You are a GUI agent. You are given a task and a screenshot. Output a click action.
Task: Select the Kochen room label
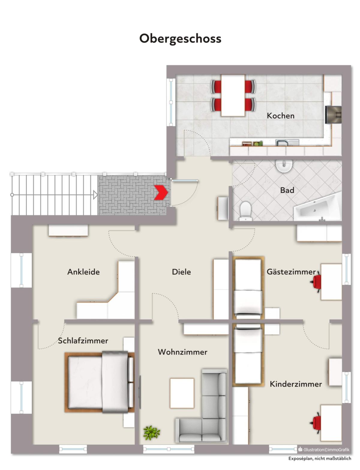coord(280,116)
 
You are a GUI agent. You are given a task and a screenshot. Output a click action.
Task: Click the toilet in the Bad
coord(245,210)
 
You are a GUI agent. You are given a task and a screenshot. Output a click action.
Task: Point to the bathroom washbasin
coord(284,166)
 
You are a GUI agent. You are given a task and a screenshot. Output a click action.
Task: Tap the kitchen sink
coord(287,143)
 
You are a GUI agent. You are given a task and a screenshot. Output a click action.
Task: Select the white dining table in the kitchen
coord(233,95)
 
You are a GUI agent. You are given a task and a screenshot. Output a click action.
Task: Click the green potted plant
coord(151,433)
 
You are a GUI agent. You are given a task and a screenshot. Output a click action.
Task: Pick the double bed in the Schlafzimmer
coord(99,382)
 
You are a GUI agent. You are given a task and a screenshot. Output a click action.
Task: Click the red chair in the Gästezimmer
coord(316,282)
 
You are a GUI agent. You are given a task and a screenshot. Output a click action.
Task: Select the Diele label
coord(181,272)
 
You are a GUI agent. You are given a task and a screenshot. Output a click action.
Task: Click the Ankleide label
coord(84,272)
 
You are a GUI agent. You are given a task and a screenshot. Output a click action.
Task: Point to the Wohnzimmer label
coord(183,352)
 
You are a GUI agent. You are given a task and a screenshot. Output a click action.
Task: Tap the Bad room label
coord(287,190)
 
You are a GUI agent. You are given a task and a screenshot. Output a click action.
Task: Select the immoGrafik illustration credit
coord(324,450)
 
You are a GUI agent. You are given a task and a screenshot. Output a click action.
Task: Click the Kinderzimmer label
coord(296,384)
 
